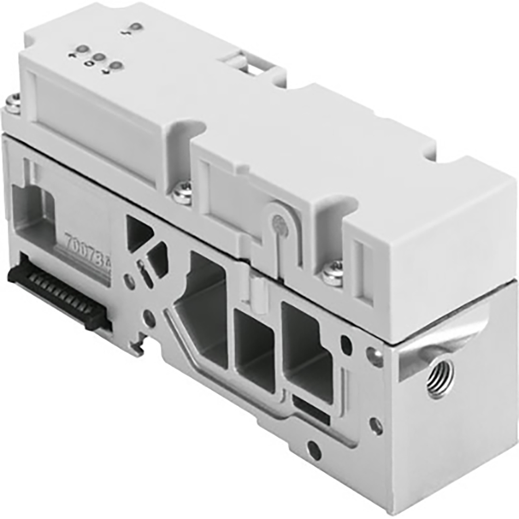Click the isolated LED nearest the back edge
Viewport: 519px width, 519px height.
tap(136, 27)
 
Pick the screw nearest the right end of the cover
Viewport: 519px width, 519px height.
tap(333, 270)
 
